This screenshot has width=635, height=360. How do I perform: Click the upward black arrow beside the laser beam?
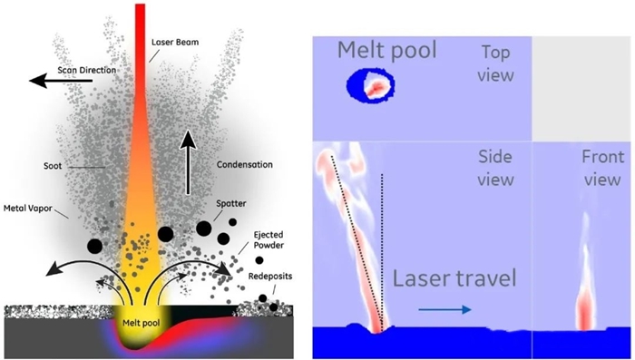coord(188,163)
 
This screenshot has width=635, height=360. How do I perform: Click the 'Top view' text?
coord(490,64)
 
